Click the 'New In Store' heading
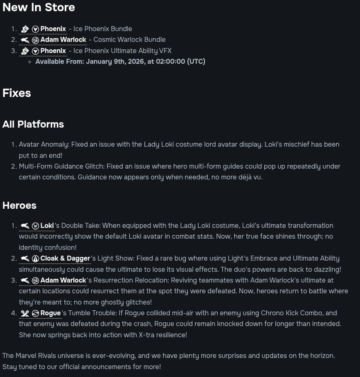tap(39, 7)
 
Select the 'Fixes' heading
tap(17, 93)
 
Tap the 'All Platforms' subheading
tap(33, 124)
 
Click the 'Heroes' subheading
tap(19, 205)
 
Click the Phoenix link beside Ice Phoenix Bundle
tap(53, 29)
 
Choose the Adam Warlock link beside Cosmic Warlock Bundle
tap(63, 39)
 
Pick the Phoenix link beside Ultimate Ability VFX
tap(53, 51)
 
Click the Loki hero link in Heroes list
tap(47, 225)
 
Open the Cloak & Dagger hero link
tap(65, 258)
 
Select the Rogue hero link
tap(50, 313)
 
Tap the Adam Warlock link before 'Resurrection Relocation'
tap(63, 280)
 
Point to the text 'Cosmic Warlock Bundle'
tap(129, 39)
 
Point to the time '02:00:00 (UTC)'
tap(180, 61)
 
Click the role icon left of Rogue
tap(24, 313)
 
